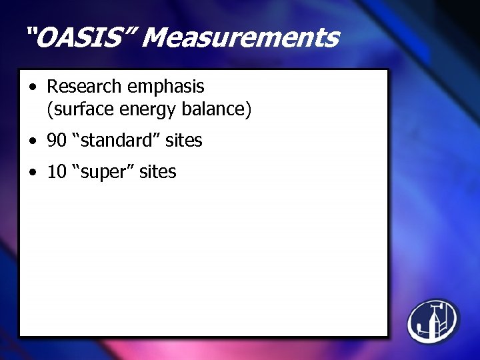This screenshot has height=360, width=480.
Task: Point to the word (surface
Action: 76,109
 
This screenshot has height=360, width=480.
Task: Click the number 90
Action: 56,141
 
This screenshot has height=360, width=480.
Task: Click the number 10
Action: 56,172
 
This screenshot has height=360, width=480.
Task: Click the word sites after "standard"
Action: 184,141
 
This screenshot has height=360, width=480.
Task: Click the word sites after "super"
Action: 158,172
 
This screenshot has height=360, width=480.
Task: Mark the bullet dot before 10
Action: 33,173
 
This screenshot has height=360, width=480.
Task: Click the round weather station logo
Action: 433,321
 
